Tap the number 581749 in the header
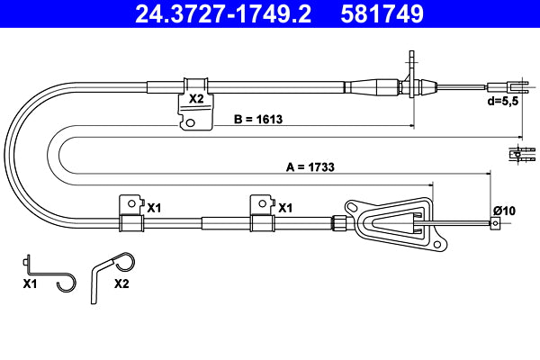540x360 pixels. tap(381, 14)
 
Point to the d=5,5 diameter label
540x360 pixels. tap(504, 101)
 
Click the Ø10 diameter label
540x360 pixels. tap(503, 211)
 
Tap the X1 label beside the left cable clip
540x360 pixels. tap(154, 208)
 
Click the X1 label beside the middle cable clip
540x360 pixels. tap(285, 208)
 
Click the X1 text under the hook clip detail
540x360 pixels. tap(29, 283)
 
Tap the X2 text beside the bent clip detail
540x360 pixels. tap(122, 283)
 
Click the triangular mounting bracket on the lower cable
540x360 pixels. tap(396, 221)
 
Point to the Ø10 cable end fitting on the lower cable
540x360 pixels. tap(493, 226)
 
